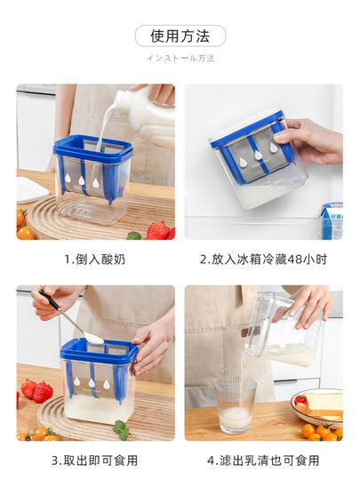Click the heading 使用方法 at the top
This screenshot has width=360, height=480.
(x=180, y=36)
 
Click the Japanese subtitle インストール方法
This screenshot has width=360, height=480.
(x=180, y=59)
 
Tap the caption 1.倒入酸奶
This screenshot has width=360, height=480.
(x=95, y=260)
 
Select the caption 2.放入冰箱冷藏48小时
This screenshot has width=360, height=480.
(x=263, y=260)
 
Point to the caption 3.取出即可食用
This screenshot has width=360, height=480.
(x=95, y=460)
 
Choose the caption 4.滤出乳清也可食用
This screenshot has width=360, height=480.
(x=263, y=460)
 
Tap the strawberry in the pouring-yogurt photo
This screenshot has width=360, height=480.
(x=158, y=230)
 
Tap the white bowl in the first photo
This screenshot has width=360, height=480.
(x=31, y=188)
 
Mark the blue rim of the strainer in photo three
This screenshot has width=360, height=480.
(x=98, y=351)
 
